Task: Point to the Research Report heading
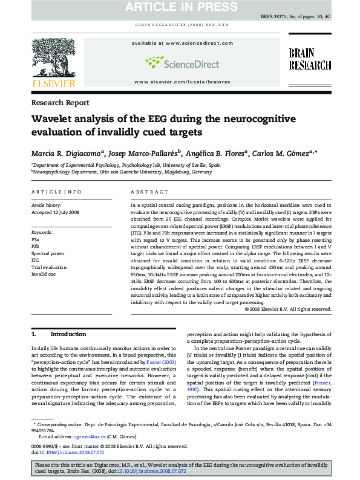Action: pos(60,103)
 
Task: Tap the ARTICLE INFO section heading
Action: pos(56,192)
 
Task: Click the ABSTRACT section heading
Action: pos(149,192)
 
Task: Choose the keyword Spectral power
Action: pos(48,253)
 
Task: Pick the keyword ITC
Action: pos(35,260)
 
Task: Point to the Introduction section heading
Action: pos(68,334)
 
